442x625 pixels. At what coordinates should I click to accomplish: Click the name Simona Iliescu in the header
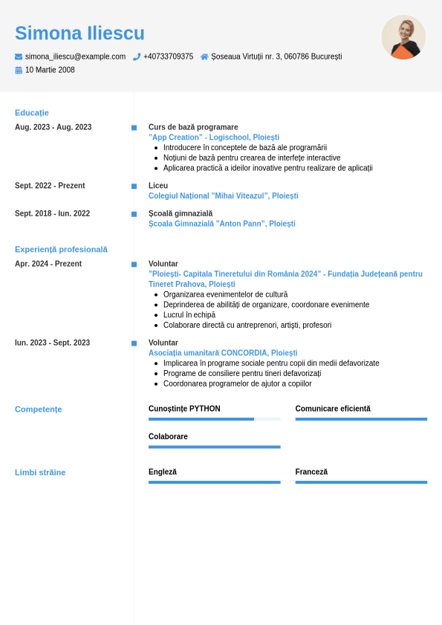tap(79, 33)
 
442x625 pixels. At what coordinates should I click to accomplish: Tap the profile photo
tap(403, 37)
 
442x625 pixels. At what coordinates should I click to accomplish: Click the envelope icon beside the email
tap(19, 56)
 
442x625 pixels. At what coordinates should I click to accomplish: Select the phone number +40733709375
tap(168, 56)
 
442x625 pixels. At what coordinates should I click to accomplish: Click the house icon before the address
tap(204, 56)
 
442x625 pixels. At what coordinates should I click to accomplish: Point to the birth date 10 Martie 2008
tap(50, 70)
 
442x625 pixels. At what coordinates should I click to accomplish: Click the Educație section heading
tap(32, 113)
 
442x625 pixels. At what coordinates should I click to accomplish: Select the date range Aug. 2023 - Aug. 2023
tap(53, 127)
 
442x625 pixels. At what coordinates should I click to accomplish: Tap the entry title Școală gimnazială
tap(181, 213)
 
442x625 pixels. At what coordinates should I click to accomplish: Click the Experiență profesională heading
tap(61, 250)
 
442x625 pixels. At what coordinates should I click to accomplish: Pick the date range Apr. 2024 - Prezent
tap(48, 264)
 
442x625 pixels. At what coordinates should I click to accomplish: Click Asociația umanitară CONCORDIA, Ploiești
tap(223, 353)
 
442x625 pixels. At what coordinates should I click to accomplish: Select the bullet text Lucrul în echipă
tap(189, 315)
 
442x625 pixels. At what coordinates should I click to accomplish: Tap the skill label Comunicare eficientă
tap(333, 409)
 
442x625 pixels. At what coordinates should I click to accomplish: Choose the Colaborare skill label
tap(168, 437)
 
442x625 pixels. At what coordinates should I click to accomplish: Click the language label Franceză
tap(311, 472)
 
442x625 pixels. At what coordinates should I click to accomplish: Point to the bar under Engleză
tap(214, 482)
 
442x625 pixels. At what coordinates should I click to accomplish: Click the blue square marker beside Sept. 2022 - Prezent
tap(134, 186)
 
